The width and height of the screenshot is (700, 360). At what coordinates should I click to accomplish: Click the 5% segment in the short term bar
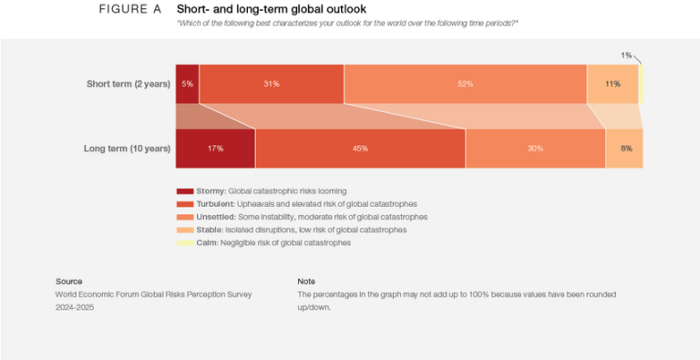(187, 84)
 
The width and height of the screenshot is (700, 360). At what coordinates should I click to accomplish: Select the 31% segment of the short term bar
(271, 84)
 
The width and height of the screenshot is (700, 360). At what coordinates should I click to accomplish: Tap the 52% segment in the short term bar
(465, 84)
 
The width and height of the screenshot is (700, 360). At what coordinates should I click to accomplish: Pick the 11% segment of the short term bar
(612, 84)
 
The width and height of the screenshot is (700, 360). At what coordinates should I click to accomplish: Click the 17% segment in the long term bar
(215, 149)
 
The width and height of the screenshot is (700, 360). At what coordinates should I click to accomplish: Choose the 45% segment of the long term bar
(360, 149)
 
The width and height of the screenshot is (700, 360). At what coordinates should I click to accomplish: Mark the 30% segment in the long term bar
(535, 149)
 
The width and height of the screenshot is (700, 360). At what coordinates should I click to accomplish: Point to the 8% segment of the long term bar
(624, 149)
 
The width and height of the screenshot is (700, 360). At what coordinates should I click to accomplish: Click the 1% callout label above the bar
(626, 56)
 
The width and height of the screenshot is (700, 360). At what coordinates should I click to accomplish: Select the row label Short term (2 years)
(129, 84)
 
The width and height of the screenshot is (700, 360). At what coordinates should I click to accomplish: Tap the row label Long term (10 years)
(127, 149)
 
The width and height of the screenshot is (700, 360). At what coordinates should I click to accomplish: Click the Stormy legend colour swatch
(184, 191)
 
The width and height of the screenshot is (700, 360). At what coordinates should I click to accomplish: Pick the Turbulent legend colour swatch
(184, 204)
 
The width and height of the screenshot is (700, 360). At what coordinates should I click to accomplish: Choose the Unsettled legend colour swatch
(184, 217)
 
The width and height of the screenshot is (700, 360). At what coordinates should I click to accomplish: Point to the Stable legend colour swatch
(184, 230)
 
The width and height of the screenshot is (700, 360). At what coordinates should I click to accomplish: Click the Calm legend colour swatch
(184, 242)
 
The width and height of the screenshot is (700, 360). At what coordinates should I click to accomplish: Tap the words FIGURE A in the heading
(129, 9)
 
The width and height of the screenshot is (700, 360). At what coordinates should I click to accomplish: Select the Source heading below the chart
(69, 282)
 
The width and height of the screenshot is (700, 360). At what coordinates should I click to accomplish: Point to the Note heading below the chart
(307, 282)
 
